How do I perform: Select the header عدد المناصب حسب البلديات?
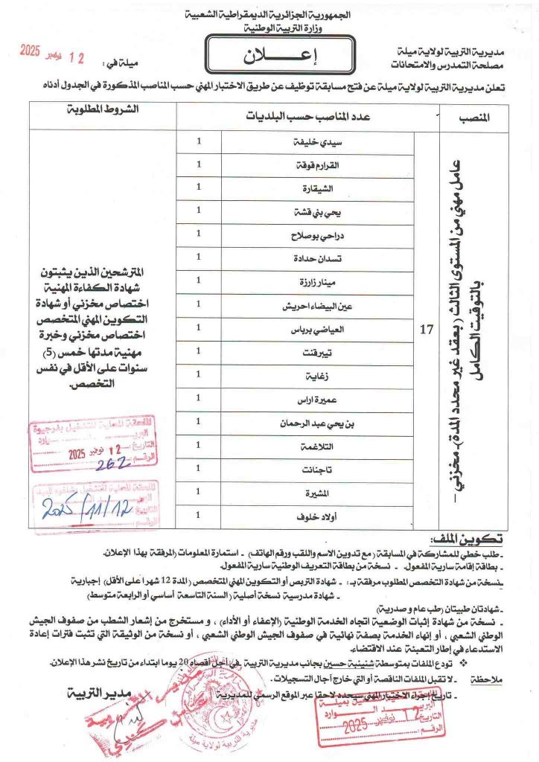point(309,118)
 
